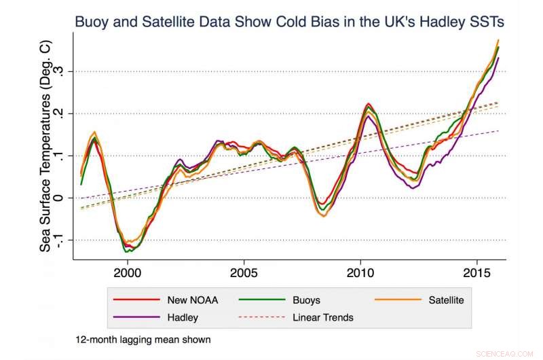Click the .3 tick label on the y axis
tap(62, 71)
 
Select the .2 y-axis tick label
tap(62, 113)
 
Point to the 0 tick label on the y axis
tap(62, 198)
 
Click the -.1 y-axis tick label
tap(62, 240)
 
